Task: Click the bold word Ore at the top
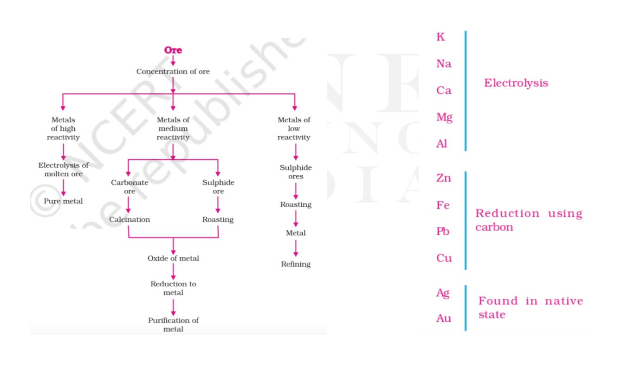(x=173, y=50)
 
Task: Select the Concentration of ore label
(x=173, y=71)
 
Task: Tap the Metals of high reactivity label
(x=64, y=129)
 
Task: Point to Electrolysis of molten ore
(x=64, y=170)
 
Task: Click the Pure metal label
(x=64, y=201)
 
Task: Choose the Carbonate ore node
(x=129, y=187)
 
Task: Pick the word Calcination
(x=129, y=219)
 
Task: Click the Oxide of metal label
(x=173, y=258)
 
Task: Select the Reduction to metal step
(x=173, y=288)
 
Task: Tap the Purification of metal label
(x=173, y=325)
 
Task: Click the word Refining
(x=296, y=264)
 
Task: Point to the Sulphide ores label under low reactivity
(x=296, y=172)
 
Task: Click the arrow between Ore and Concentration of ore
(x=173, y=60)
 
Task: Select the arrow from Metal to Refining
(x=296, y=248)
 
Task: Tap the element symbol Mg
(x=445, y=118)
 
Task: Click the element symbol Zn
(x=444, y=178)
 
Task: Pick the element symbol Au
(x=444, y=318)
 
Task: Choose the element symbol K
(x=440, y=37)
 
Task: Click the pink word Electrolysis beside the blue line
(x=516, y=83)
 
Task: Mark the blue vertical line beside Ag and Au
(x=466, y=308)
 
